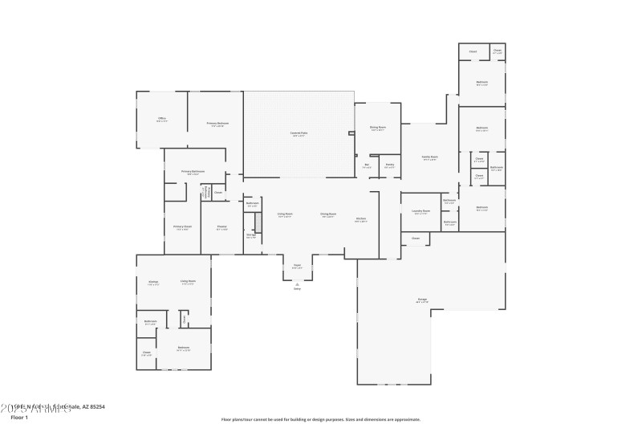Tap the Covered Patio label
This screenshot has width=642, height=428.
(298, 134)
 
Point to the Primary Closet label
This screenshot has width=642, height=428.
(182, 227)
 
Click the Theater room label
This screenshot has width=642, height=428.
(221, 227)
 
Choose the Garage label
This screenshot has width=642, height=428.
(422, 300)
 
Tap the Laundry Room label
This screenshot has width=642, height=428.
(421, 211)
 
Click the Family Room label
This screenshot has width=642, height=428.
(429, 157)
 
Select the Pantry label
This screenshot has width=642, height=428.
(388, 165)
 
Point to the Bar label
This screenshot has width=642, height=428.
(367, 165)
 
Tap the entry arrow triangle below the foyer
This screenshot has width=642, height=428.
(297, 283)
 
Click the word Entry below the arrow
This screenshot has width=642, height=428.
(297, 290)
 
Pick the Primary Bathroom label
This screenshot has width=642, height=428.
(193, 172)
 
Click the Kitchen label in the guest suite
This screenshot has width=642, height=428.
(152, 282)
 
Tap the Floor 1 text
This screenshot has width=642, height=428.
(19, 418)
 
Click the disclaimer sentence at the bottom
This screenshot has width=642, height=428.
(320, 418)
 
